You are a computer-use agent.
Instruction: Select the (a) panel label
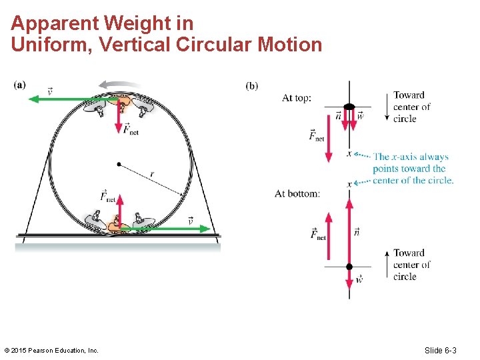[20, 85]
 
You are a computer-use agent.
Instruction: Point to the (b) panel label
[252, 85]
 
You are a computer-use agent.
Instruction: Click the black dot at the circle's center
[119, 163]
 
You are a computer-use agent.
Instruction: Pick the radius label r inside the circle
[152, 174]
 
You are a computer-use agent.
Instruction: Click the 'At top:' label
[297, 98]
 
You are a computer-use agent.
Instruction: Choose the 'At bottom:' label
[297, 193]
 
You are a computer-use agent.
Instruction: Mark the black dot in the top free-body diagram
[349, 107]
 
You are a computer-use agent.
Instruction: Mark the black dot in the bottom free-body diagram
[349, 267]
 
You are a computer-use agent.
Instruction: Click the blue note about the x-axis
[412, 169]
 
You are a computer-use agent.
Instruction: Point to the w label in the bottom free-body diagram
[359, 279]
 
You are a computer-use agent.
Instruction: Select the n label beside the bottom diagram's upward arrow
[357, 231]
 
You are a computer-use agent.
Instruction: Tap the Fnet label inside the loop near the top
[131, 129]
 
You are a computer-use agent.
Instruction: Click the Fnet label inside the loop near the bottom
[107, 196]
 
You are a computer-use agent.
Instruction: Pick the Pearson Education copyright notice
[51, 350]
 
